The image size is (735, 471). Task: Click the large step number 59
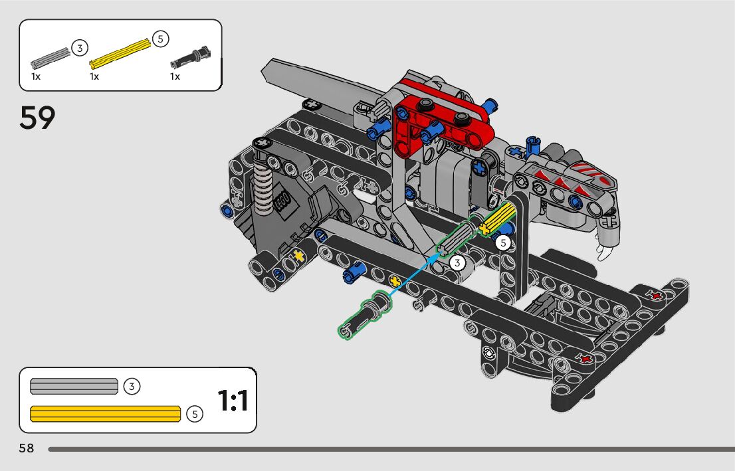pyautogui.click(x=37, y=118)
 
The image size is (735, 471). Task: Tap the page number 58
pyautogui.click(x=27, y=448)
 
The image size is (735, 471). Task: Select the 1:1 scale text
pyautogui.click(x=233, y=401)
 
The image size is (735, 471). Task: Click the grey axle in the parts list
pyautogui.click(x=50, y=58)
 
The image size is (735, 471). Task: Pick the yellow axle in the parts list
pyautogui.click(x=120, y=53)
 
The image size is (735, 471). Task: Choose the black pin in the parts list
pyautogui.click(x=190, y=57)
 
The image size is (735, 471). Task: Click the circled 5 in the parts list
pyautogui.click(x=160, y=39)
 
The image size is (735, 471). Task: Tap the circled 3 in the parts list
pyautogui.click(x=80, y=48)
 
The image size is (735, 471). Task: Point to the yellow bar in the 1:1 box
pyautogui.click(x=105, y=414)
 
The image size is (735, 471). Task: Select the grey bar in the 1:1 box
pyautogui.click(x=74, y=386)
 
